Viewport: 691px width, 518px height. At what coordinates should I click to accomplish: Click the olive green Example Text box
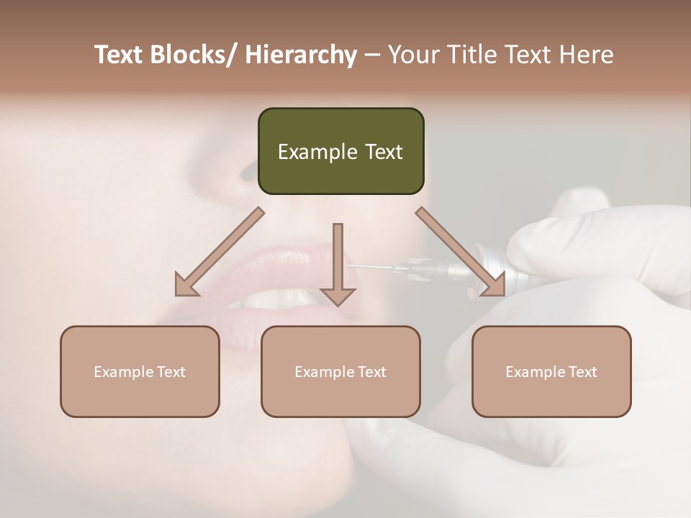[x=340, y=151]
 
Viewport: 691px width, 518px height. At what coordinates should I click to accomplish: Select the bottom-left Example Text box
[x=140, y=371]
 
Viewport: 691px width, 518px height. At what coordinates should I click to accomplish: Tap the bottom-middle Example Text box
[x=340, y=371]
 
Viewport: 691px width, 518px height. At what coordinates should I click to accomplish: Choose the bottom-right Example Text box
[x=551, y=371]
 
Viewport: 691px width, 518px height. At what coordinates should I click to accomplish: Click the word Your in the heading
[x=412, y=55]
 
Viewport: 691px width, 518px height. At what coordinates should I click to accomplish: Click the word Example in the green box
[x=312, y=152]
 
